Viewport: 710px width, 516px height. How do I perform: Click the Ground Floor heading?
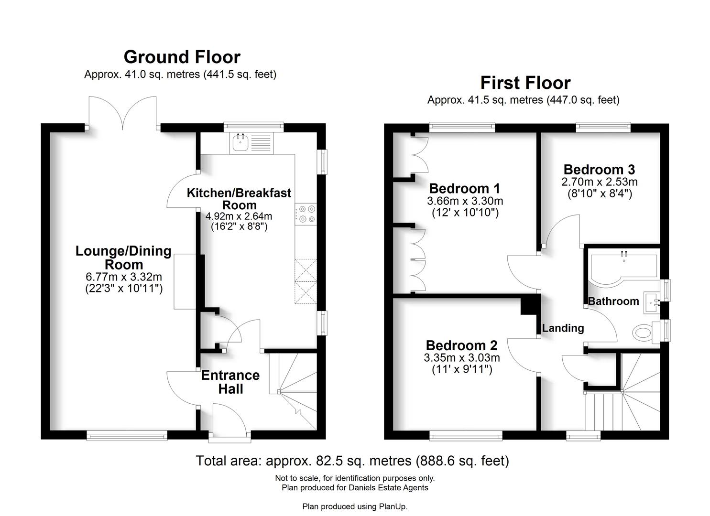coord(182,57)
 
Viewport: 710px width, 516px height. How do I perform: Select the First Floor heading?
coord(525,83)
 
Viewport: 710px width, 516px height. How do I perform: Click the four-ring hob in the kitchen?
coord(306,214)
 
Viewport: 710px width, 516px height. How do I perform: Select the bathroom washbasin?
coord(651,302)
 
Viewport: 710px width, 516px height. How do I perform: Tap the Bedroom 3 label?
coord(599,170)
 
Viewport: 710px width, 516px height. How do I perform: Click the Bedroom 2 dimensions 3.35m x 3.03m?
coord(461,358)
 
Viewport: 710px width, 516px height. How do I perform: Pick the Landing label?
coord(563,328)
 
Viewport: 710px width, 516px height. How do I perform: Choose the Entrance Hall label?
coord(230,382)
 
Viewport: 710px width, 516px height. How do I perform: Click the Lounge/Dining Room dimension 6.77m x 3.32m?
coord(123,277)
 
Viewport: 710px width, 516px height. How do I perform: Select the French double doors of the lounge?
coord(123,113)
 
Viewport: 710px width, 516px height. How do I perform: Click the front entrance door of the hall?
coord(230,420)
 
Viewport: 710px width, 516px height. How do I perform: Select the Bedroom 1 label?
coord(464,188)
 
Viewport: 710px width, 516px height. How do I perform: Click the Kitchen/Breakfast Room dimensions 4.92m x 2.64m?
coord(239,216)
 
